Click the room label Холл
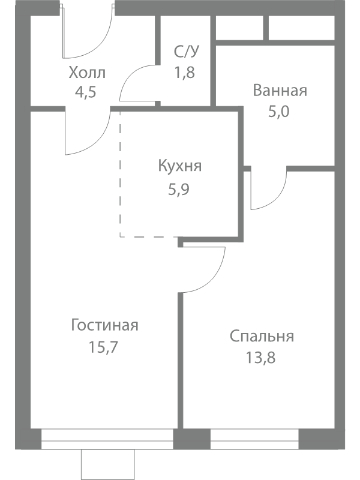[x=87, y=73]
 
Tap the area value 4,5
[x=86, y=92]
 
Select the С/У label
[x=186, y=52]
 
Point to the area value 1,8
[x=185, y=73]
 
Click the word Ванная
[x=280, y=91]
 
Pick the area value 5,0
[x=279, y=112]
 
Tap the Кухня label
[x=180, y=166]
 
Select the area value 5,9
[x=179, y=190]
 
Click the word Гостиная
[x=104, y=325]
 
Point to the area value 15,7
[x=103, y=347]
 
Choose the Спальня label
[x=262, y=337]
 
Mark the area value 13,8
[x=260, y=358]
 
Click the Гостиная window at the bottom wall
[x=107, y=439]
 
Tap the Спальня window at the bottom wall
[x=254, y=439]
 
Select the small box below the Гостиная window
[x=108, y=464]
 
